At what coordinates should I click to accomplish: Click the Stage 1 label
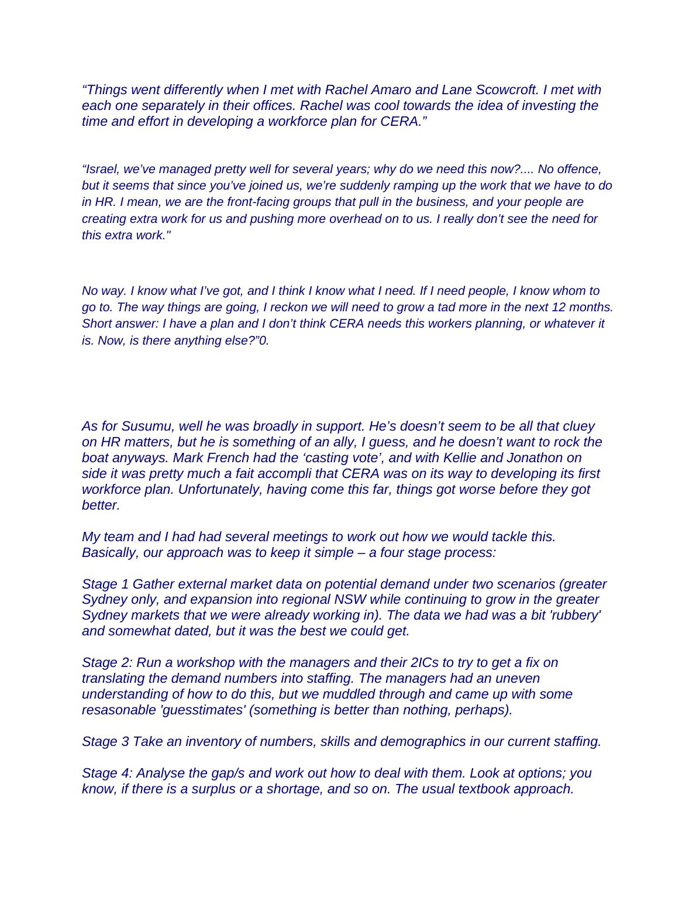pos(105,584)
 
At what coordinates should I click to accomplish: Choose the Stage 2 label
pos(107,663)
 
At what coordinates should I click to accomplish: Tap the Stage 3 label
pos(105,742)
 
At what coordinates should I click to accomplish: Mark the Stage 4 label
pos(107,773)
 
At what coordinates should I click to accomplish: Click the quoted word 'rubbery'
pos(577,615)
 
